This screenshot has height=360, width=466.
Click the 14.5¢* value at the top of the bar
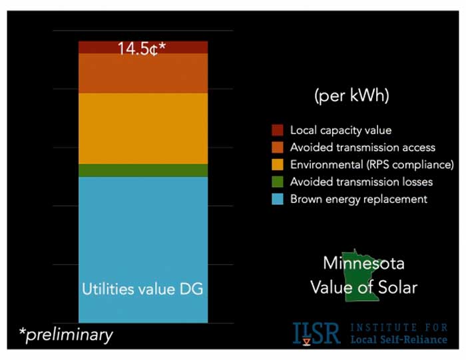(142, 49)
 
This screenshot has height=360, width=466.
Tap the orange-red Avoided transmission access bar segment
(142, 73)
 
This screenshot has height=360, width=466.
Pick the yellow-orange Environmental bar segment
(142, 128)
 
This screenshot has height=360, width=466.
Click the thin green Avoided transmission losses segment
(142, 170)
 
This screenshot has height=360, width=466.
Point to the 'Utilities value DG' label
(142, 289)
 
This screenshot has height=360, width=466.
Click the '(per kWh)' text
(351, 96)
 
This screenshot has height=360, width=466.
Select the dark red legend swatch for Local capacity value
(278, 130)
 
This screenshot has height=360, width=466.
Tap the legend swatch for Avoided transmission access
(278, 147)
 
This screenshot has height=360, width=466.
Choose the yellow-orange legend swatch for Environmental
(278, 164)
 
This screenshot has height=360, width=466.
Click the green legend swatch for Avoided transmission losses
(278, 182)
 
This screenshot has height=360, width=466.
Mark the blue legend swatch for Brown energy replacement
(278, 199)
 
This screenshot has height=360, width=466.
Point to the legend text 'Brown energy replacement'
(358, 199)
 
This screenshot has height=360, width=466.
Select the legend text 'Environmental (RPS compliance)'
(371, 164)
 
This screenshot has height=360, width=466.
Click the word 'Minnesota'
(363, 263)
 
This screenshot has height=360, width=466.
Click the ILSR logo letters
(316, 333)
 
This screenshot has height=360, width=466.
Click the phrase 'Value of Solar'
(363, 287)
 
